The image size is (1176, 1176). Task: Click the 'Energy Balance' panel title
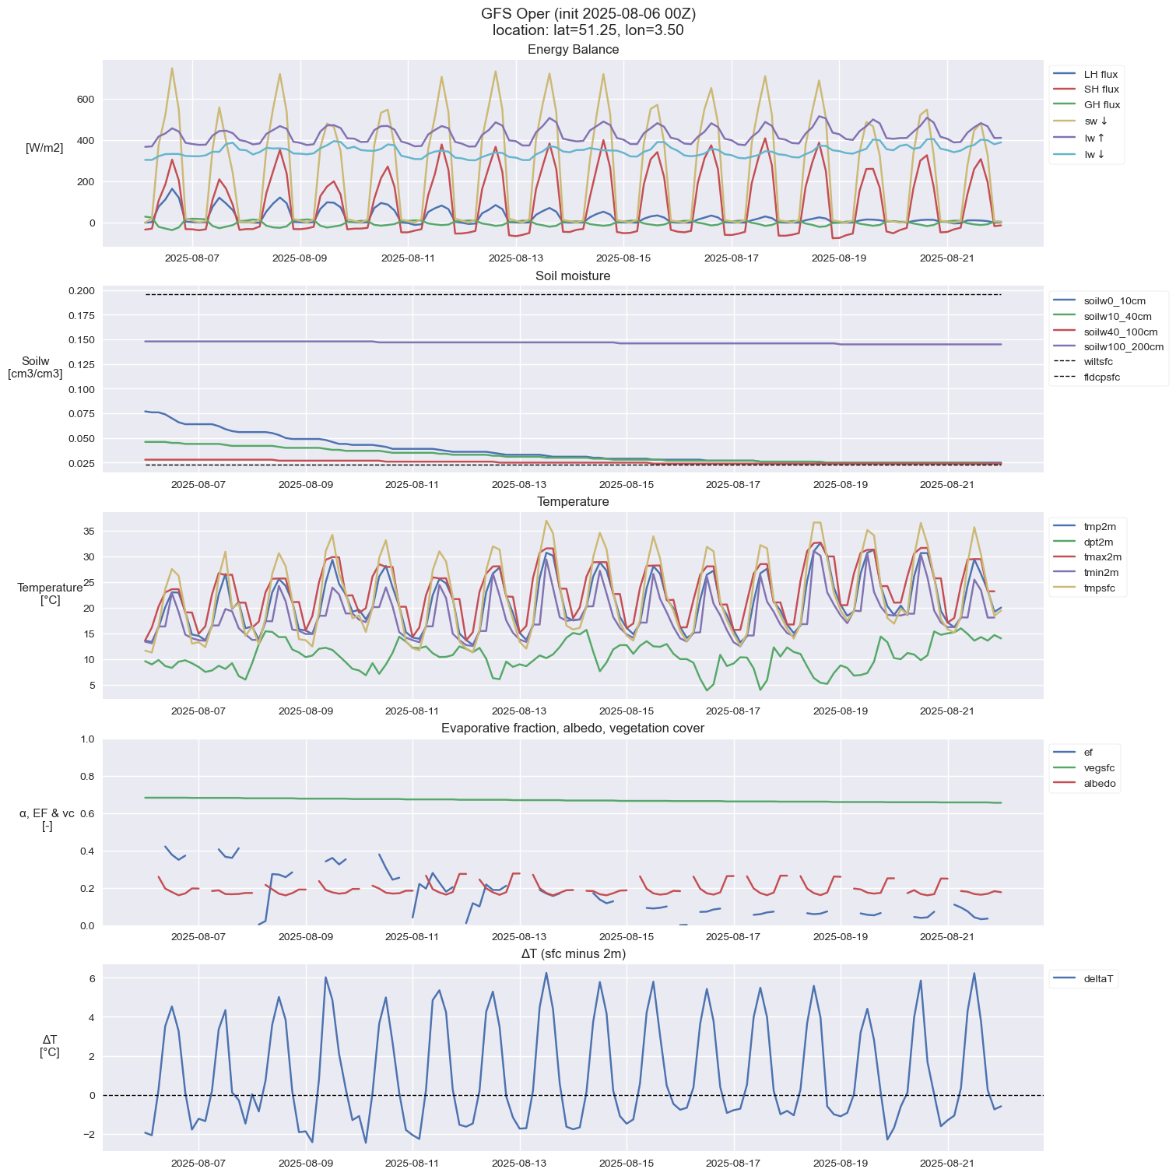(x=573, y=50)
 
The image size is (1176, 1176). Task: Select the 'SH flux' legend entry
(x=1101, y=90)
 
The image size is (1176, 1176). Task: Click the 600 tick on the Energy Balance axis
(x=85, y=100)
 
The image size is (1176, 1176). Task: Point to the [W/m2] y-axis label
(x=44, y=148)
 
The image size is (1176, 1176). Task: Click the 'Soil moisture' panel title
(x=573, y=276)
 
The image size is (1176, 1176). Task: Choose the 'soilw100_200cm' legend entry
(x=1123, y=347)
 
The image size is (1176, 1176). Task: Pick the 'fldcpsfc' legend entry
(x=1101, y=377)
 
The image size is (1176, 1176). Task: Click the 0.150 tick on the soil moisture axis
(x=80, y=340)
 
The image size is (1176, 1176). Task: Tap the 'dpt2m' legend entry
(x=1098, y=542)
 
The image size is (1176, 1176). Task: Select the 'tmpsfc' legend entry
(x=1099, y=588)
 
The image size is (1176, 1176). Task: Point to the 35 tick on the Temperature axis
(x=89, y=532)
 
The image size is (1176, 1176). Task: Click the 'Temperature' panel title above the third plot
(x=573, y=502)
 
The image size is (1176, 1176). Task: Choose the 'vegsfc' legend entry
(x=1099, y=768)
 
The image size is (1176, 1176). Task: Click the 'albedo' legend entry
(x=1100, y=784)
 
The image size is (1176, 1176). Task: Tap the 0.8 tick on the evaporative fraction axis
(x=87, y=777)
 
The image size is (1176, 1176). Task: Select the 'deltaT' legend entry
(x=1100, y=980)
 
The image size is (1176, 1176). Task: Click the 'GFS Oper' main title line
(x=588, y=14)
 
